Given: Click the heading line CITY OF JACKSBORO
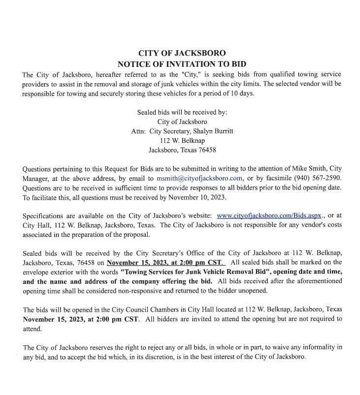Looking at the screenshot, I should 182,53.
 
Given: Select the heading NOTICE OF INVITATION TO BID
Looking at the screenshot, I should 182,64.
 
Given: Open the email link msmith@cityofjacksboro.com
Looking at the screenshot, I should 199,178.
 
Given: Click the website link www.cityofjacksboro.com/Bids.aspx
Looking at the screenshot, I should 269,215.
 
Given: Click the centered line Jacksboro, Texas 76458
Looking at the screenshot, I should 182,150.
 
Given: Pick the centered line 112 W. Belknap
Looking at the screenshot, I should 182,141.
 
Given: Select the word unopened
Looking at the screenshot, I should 252,290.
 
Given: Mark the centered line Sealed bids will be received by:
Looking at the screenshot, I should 182,112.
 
